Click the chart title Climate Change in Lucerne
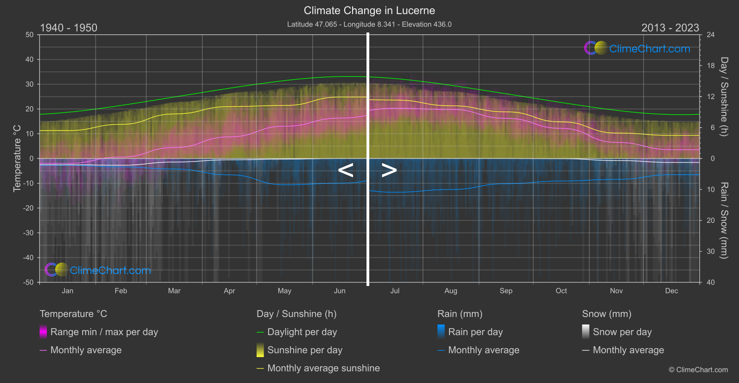coord(369,10)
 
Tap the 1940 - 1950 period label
coord(69,28)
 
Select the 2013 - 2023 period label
coord(670,28)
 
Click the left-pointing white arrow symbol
coord(346,170)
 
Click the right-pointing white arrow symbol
coord(389,170)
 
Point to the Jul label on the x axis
coord(395,291)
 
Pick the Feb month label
coord(121,291)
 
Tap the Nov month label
coord(616,291)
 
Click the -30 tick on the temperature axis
coord(28,233)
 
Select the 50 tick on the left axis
coord(30,35)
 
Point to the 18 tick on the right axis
coord(711,66)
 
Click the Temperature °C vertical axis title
coord(17,158)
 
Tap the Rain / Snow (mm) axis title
coord(724,220)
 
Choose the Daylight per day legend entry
coord(302,332)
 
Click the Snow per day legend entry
coord(622,332)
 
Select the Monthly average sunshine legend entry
coord(323,368)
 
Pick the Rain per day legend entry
coord(475,332)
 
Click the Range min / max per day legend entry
coord(104,332)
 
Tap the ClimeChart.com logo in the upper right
coord(637,48)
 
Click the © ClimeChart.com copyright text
coord(698,370)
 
